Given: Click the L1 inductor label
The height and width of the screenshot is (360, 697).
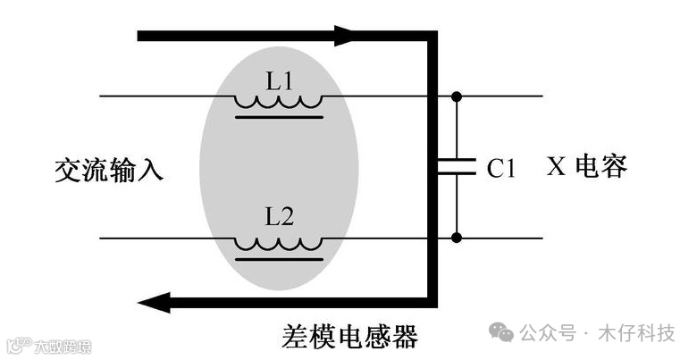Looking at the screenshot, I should [x=280, y=80].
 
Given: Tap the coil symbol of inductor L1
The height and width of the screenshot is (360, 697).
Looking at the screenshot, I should [x=279, y=101].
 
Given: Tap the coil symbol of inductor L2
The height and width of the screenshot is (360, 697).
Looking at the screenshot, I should [x=279, y=243].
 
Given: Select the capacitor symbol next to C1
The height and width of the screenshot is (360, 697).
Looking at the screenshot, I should [x=457, y=167].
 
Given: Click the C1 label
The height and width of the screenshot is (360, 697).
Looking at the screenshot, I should [x=501, y=168].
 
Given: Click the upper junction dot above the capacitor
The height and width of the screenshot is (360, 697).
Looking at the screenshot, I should [x=457, y=96].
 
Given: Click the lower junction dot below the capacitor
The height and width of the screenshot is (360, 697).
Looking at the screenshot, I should [x=457, y=238].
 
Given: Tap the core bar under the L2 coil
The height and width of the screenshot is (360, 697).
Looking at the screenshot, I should [x=279, y=257].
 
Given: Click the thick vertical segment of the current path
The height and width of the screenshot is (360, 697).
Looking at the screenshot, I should [x=433, y=170].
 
